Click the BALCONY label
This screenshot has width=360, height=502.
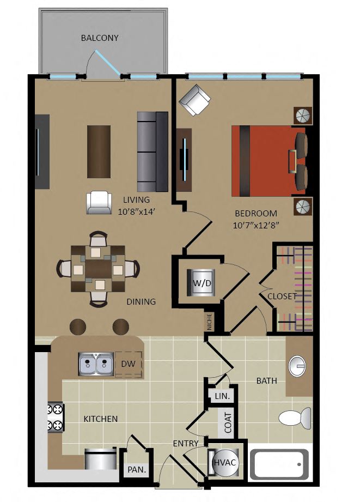pyautogui.click(x=100, y=38)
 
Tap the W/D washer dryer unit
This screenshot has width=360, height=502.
pyautogui.click(x=202, y=283)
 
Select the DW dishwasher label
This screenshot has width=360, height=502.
pyautogui.click(x=128, y=364)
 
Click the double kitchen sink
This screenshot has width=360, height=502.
pyautogui.click(x=96, y=364)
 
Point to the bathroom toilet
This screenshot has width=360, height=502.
pyautogui.click(x=295, y=418)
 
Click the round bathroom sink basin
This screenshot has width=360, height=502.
pyautogui.click(x=297, y=365)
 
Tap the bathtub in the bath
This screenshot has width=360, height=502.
pyautogui.click(x=279, y=464)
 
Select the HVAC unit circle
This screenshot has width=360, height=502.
pyautogui.click(x=224, y=462)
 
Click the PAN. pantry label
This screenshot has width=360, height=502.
pyautogui.click(x=137, y=470)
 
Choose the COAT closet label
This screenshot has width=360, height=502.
pyautogui.click(x=228, y=422)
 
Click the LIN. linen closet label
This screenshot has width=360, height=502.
pyautogui.click(x=222, y=396)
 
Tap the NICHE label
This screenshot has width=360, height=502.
pyautogui.click(x=209, y=322)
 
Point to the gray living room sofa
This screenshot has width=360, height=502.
pyautogui.click(x=152, y=152)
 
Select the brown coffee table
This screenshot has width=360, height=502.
pyautogui.click(x=99, y=152)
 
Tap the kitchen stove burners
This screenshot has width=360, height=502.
pyautogui.click(x=56, y=418)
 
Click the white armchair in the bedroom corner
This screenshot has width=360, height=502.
pyautogui.click(x=195, y=100)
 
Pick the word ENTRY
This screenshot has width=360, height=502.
pyautogui.click(x=186, y=444)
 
